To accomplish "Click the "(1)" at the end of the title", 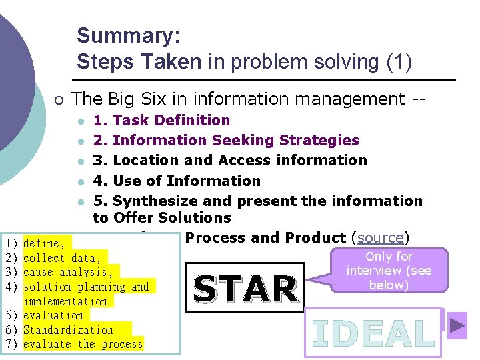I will coord(399,62).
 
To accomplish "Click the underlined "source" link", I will coord(381,238).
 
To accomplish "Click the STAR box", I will coord(245,288).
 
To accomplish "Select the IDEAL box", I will coord(373,333).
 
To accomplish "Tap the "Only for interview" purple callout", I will coord(389,271).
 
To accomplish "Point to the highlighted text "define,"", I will coord(45,244).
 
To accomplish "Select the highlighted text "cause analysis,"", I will coord(68,273).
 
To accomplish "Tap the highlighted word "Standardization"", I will coord(68,330).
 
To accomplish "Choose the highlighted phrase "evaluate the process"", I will coord(83,344).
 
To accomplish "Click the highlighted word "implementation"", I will coord(65,301).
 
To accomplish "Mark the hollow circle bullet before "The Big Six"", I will coord(59,100).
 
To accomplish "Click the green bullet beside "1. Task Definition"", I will coord(80,121).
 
